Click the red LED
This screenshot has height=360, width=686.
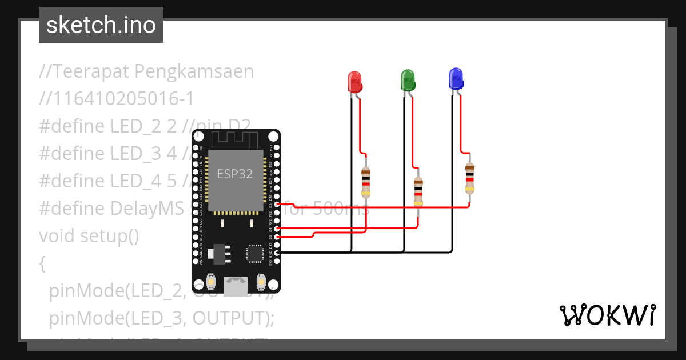click(x=355, y=82)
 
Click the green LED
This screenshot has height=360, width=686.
click(x=408, y=81)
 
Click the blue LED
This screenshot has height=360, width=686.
click(x=456, y=79)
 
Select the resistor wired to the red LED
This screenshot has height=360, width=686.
click(x=366, y=181)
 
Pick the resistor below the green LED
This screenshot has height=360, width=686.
click(x=418, y=192)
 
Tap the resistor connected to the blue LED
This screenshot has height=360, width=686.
click(x=469, y=178)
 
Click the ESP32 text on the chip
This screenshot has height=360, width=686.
click(x=234, y=174)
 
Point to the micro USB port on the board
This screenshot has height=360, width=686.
click(x=236, y=282)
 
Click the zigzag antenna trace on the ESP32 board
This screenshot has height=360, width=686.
click(x=235, y=138)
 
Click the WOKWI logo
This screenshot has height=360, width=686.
click(x=607, y=315)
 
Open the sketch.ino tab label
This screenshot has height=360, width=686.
click(x=101, y=25)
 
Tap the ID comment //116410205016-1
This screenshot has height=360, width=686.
click(x=117, y=99)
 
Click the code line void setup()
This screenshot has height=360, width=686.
click(x=89, y=235)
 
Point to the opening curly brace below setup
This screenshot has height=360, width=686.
click(x=42, y=263)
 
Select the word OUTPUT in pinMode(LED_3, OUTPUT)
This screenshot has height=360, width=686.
click(x=228, y=318)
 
